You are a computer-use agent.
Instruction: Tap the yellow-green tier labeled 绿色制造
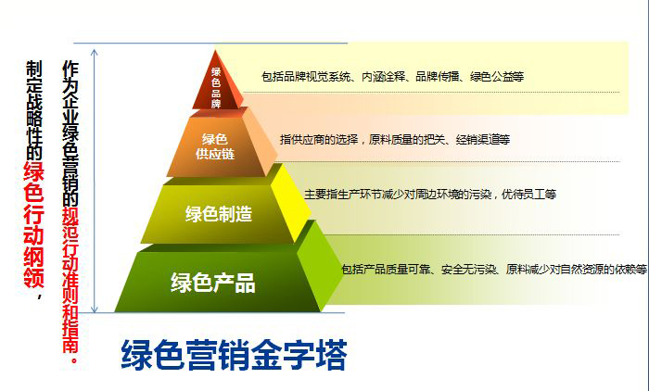pos(219,214)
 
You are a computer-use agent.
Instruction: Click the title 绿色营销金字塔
pos(234,356)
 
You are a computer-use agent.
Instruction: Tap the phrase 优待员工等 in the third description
pos(528,195)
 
